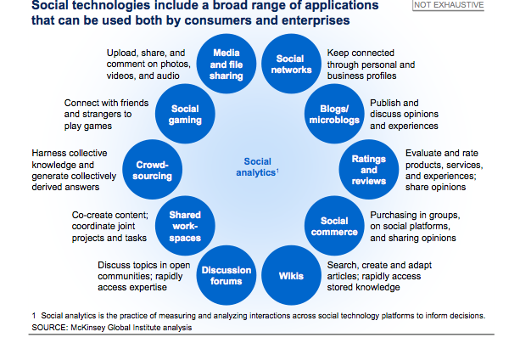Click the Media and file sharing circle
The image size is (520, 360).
(226, 64)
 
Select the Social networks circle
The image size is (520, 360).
(291, 64)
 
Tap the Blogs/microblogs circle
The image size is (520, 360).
(334, 114)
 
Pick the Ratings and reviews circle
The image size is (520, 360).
(369, 170)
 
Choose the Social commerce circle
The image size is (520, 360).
(334, 226)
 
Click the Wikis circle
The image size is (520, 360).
(291, 275)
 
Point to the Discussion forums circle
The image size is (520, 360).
(226, 275)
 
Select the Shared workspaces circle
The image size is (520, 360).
(185, 226)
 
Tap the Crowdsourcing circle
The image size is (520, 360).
(152, 170)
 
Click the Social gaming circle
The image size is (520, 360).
(185, 114)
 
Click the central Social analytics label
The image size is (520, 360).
(257, 167)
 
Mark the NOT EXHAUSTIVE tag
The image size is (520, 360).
(449, 5)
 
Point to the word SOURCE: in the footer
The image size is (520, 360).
(50, 328)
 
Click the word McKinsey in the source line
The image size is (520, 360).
(87, 328)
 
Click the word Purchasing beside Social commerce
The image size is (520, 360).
(389, 216)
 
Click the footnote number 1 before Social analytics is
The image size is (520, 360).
(34, 316)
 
